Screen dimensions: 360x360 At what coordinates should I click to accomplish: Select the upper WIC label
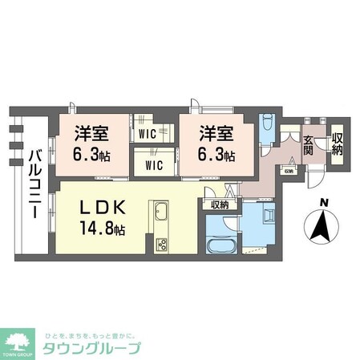[147, 135]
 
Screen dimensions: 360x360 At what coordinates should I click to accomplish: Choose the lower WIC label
[154, 166]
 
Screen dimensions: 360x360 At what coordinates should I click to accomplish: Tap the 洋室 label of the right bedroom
[216, 132]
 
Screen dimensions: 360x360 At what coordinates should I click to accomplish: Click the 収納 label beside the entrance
[337, 145]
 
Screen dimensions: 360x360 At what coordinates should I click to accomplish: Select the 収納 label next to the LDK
[220, 205]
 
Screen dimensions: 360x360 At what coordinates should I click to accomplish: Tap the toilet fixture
[268, 128]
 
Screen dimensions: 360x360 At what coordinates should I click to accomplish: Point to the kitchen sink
[159, 216]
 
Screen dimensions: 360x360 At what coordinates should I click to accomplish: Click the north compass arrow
[322, 229]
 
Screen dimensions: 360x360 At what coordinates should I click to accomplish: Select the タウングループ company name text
[93, 349]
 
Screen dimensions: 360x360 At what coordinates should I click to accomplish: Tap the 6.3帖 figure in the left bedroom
[91, 155]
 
